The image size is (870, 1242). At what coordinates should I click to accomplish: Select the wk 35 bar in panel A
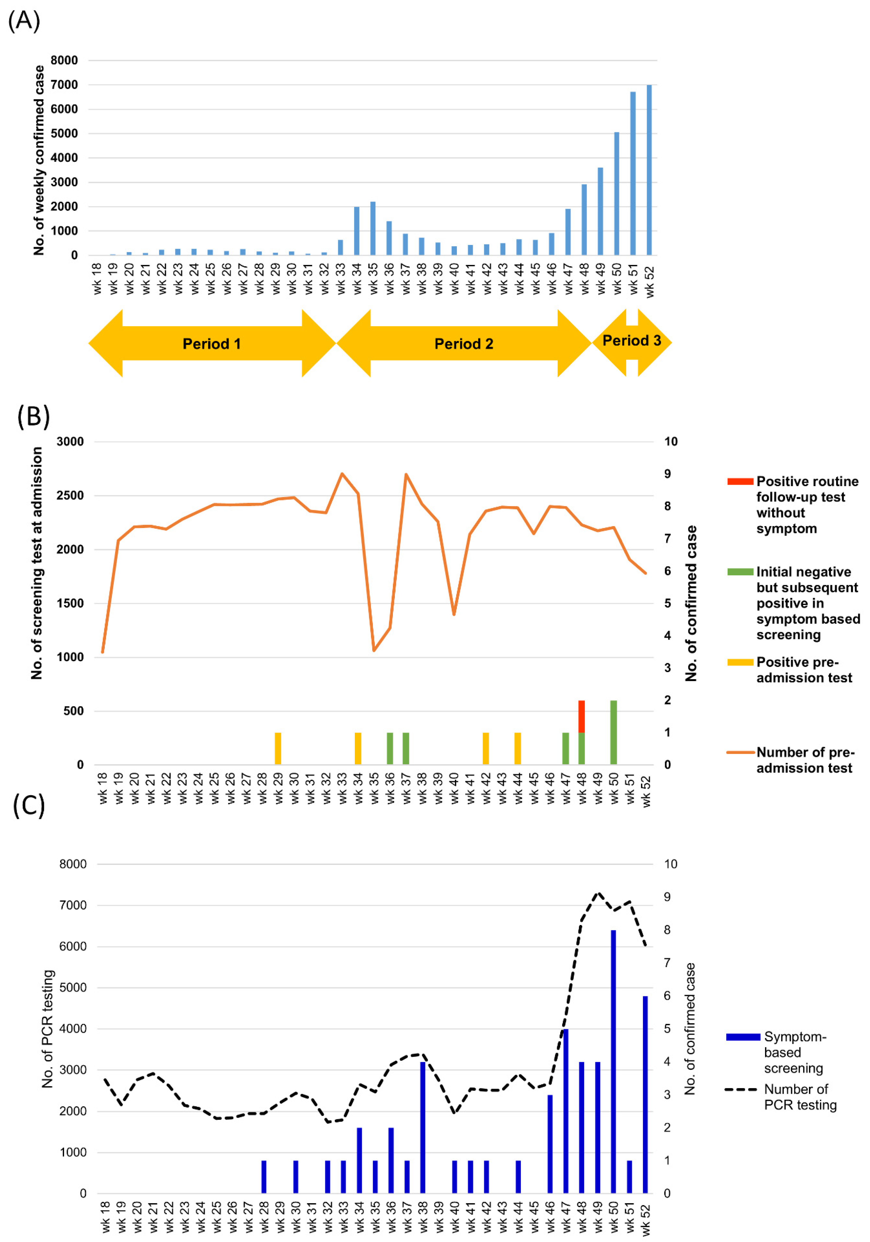pyautogui.click(x=373, y=228)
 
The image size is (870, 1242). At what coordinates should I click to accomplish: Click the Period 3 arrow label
pyautogui.click(x=631, y=341)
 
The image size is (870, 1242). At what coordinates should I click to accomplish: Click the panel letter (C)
pyautogui.click(x=29, y=805)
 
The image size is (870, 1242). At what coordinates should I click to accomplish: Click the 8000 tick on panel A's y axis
pyautogui.click(x=64, y=60)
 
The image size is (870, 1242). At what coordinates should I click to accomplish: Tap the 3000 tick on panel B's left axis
pyautogui.click(x=70, y=441)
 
